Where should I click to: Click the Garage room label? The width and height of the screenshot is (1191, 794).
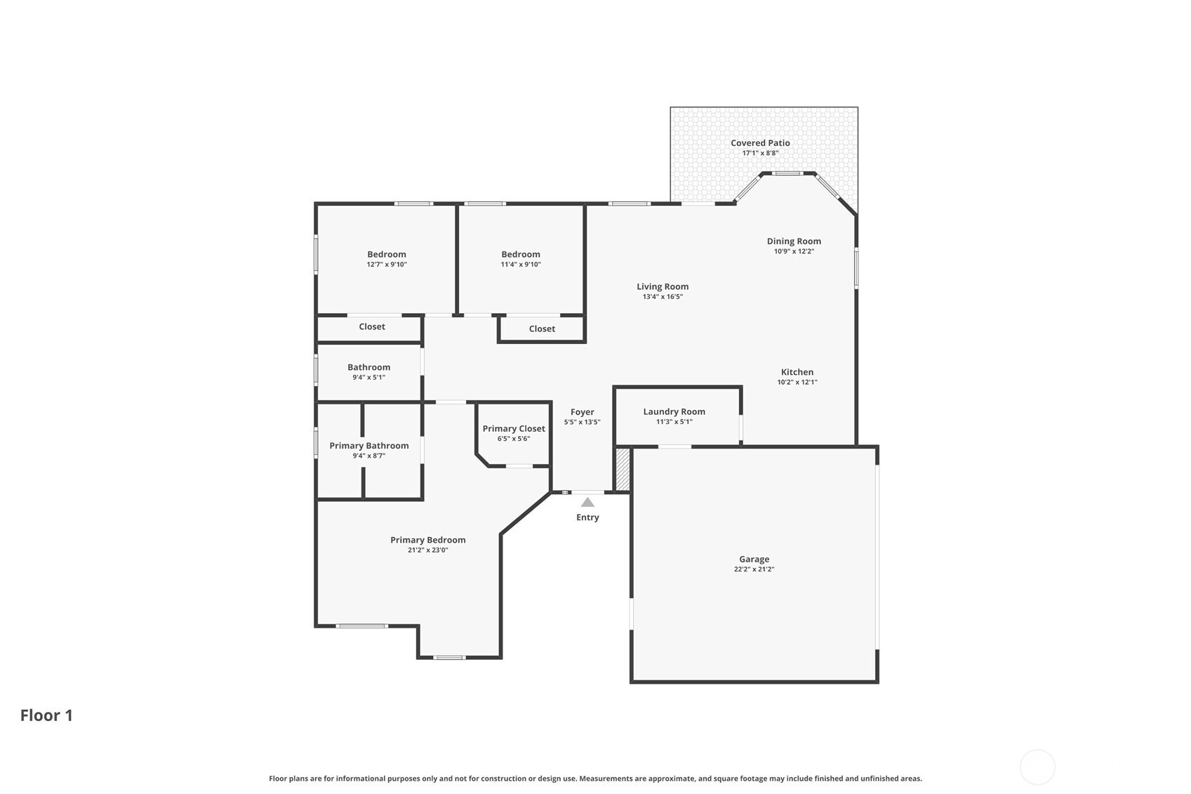754,559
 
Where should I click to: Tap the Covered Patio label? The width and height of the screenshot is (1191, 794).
760,143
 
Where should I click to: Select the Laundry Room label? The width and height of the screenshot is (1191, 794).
674,411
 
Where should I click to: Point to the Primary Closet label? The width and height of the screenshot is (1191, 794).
514,429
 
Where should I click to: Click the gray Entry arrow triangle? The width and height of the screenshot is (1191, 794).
587,503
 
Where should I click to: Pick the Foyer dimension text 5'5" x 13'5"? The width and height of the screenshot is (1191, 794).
583,422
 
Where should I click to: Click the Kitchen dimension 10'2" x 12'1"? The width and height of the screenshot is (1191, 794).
797,382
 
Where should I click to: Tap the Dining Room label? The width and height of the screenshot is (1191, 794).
794,241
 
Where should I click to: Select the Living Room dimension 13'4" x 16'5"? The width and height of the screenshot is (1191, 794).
663,297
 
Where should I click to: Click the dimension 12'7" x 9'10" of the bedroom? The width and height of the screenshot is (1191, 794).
387,264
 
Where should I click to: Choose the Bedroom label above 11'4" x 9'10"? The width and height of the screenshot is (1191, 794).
521,254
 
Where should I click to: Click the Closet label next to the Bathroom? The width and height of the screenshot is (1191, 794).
372,326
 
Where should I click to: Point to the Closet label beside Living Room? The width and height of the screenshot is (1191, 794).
542,329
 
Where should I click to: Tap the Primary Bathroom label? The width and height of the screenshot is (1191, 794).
369,446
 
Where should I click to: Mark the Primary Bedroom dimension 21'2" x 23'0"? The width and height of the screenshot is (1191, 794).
428,550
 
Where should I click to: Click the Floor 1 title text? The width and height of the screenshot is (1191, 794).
46,715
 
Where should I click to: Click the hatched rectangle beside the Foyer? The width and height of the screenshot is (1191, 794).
622,469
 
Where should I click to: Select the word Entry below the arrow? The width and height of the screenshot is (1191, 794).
587,517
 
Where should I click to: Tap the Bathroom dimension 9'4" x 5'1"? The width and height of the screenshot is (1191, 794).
368,378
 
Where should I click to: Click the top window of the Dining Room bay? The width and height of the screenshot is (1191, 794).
788,173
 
